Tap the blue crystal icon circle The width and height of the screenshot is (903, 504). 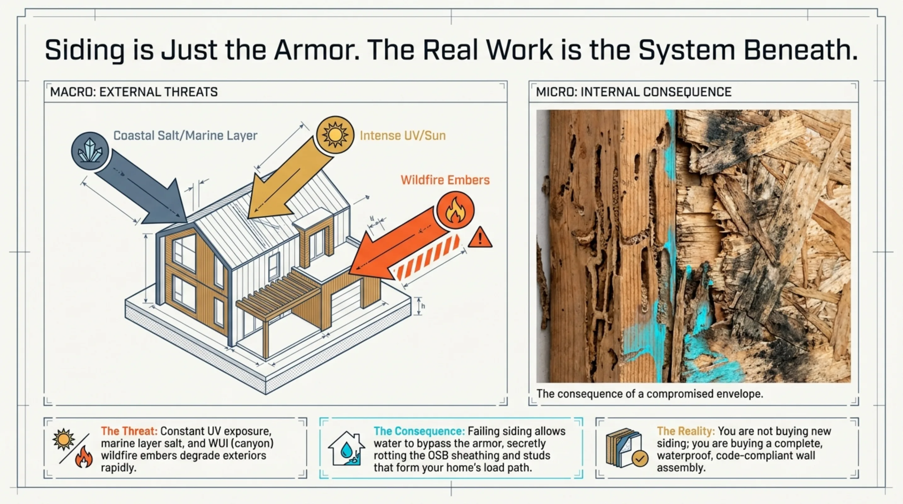90,151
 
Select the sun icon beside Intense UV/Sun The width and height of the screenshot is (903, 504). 335,135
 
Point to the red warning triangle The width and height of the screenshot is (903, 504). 480,238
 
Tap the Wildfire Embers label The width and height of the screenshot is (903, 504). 445,180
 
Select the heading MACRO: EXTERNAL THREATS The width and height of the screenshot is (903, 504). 134,92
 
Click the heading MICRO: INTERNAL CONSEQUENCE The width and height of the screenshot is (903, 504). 634,92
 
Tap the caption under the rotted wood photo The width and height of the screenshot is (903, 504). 649,394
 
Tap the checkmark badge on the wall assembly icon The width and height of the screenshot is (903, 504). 640,458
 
